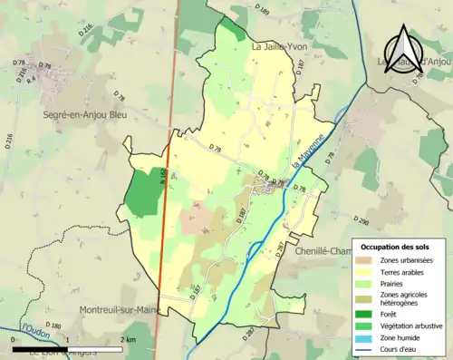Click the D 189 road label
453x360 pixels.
click(263, 9)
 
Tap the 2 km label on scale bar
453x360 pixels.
click(128, 339)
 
